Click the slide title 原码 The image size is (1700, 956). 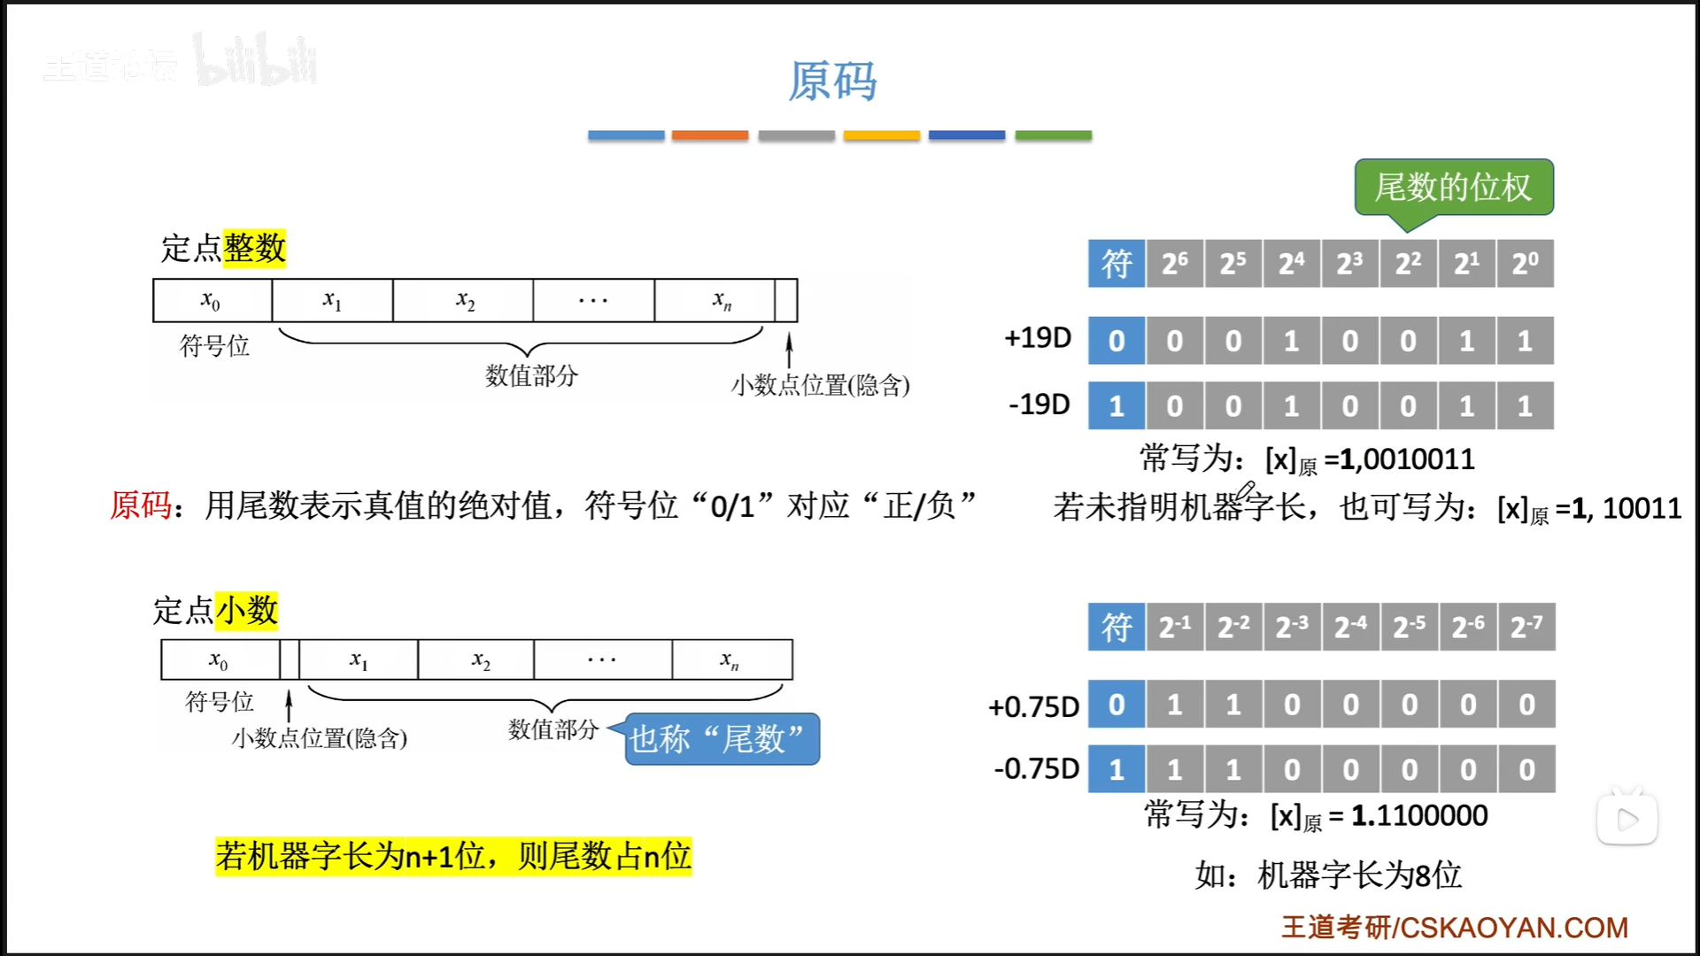(832, 81)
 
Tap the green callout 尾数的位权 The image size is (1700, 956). (1453, 187)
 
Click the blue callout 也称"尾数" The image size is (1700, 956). (721, 739)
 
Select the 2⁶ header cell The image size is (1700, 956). (1175, 264)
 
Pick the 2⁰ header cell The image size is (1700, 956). (1525, 264)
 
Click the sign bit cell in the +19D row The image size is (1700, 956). (1117, 341)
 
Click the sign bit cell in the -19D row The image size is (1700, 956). (1117, 406)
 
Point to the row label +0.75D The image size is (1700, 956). (1033, 706)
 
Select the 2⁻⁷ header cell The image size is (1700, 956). (1526, 628)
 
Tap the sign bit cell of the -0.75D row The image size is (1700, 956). (1117, 769)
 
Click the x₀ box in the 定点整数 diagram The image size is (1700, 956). (212, 301)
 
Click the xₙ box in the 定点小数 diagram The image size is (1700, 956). (730, 660)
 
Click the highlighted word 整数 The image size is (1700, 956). (254, 248)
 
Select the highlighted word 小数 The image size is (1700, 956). (247, 611)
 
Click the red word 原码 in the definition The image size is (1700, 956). (140, 505)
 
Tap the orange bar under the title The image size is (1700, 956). (709, 135)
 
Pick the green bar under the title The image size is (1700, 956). (1053, 135)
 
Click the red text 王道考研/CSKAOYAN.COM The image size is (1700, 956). (1454, 927)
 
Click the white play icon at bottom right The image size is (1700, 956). (1627, 820)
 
